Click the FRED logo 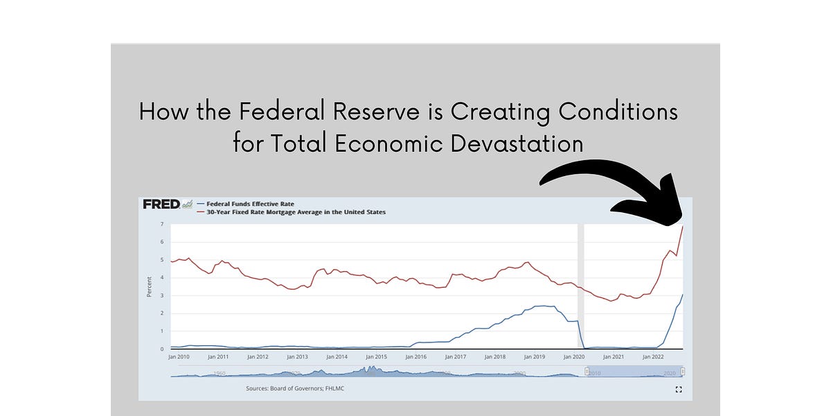coord(161,204)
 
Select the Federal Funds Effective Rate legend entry coord(247,204)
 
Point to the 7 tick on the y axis coord(161,225)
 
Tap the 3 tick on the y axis coord(161,296)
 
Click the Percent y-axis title coord(149,286)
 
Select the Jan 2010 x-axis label coord(179,356)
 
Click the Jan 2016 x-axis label coord(415,356)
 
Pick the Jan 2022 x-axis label coord(653,356)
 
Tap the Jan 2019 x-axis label coord(534,356)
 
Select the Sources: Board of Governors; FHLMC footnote coord(295,388)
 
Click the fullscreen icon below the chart coord(678,390)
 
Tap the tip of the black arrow coord(681,223)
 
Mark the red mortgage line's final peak coord(683,226)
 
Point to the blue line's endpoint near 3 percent coord(683,295)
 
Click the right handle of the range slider coord(683,373)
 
